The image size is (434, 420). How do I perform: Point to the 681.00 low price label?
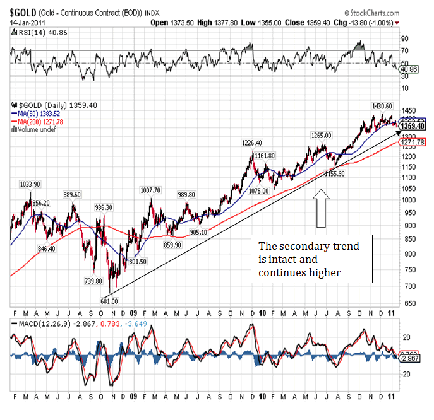[109, 301]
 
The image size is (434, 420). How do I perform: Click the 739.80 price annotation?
[93, 281]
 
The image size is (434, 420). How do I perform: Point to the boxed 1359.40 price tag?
[413, 126]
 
